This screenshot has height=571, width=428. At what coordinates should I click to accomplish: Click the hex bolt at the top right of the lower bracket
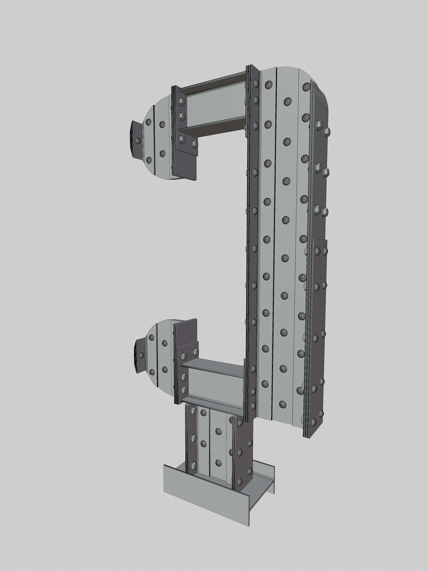[x=195, y=352]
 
